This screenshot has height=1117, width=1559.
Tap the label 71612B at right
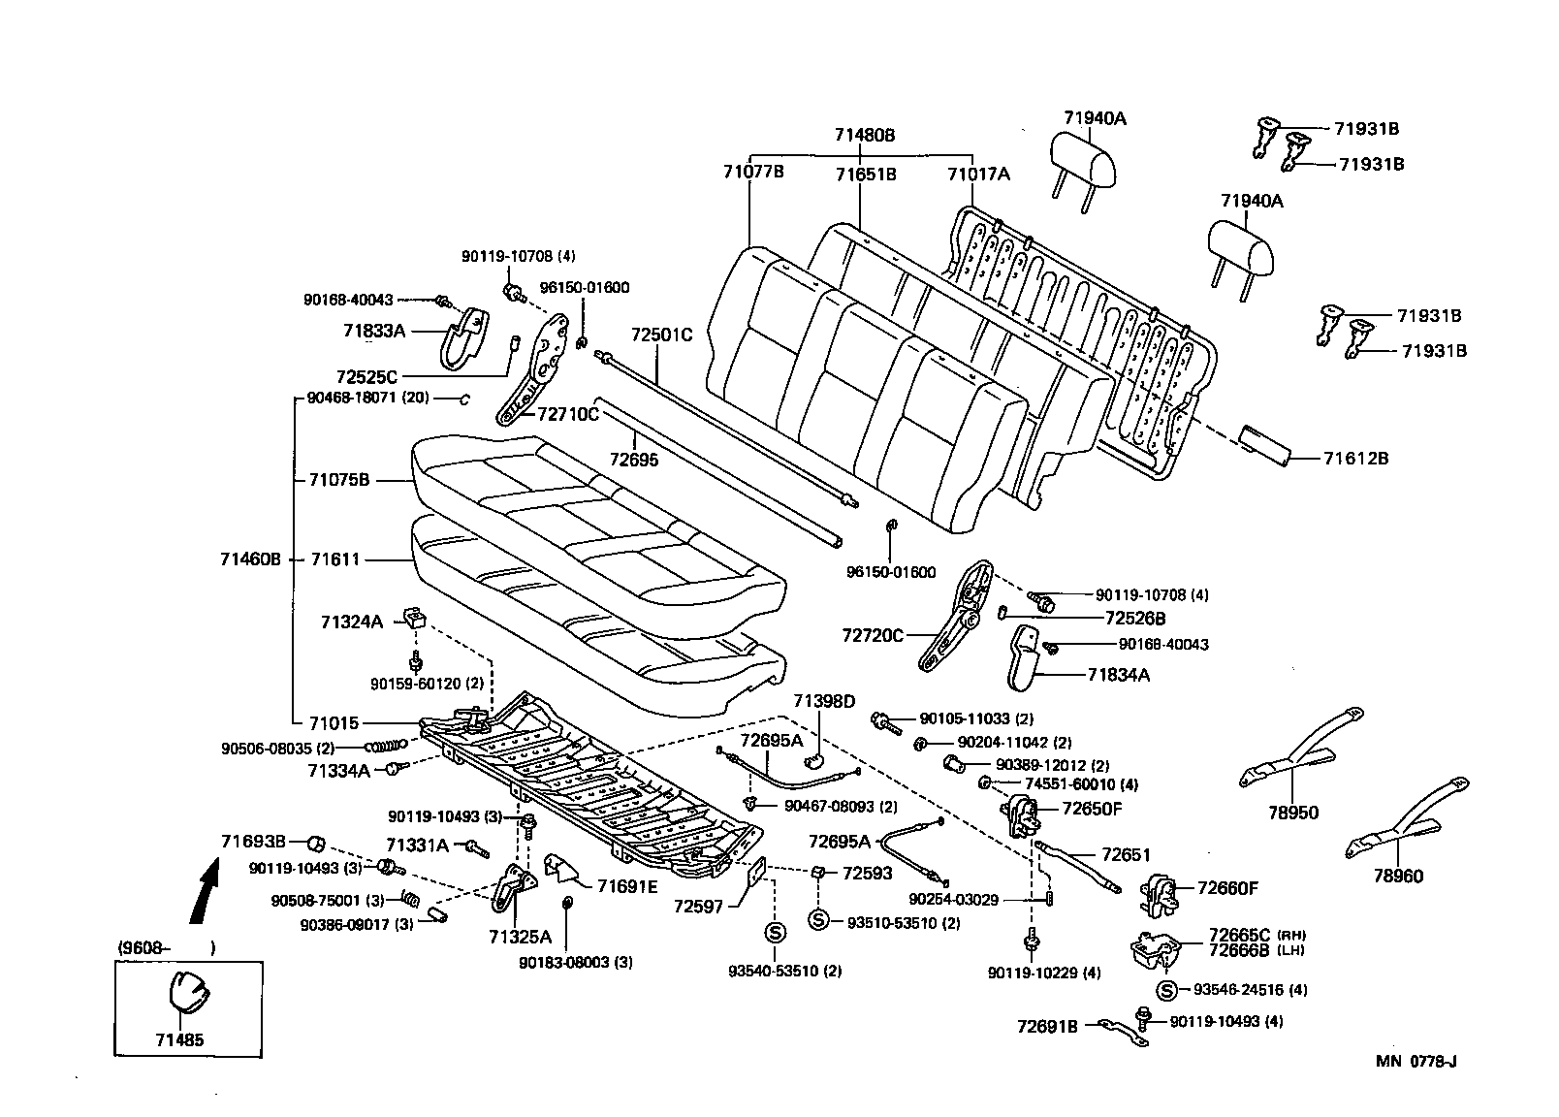[x=1355, y=458]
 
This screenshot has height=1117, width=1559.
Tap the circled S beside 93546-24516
[x=1167, y=990]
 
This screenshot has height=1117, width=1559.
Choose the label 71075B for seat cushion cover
[x=339, y=479]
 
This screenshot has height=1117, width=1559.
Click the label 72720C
[x=873, y=635]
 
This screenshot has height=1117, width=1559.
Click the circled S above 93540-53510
[x=775, y=933]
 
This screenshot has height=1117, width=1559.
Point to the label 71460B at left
[x=250, y=558]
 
